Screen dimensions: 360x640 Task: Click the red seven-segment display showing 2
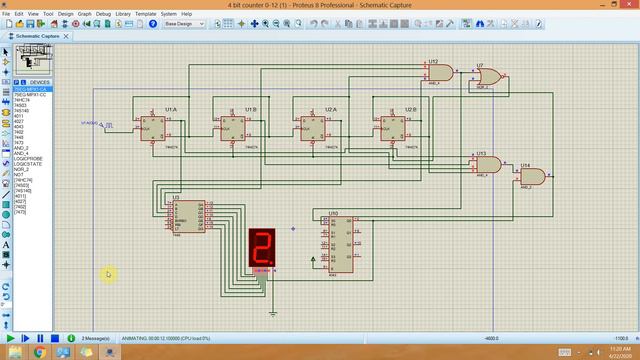point(262,247)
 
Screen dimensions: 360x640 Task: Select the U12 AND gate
point(440,73)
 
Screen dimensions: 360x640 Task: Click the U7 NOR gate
point(490,77)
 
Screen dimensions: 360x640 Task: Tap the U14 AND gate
point(531,177)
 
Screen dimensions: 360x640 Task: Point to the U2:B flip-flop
point(394,128)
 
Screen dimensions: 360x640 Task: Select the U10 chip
point(339,242)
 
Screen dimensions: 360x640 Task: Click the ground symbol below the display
point(273,312)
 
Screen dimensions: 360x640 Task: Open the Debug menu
point(103,14)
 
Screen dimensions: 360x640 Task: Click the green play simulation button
point(12,339)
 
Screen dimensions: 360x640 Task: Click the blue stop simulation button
point(55,339)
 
